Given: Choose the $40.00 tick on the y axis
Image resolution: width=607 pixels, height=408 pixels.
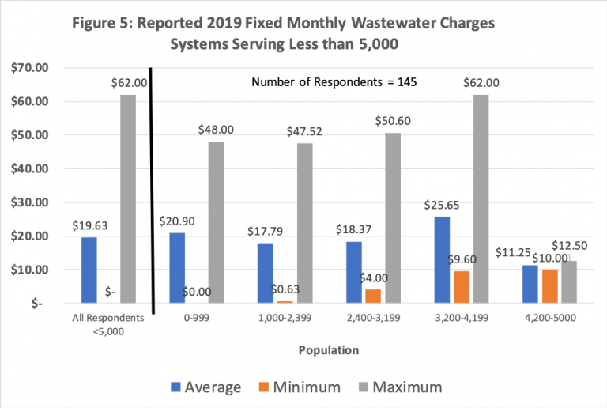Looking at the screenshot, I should pos(29,169).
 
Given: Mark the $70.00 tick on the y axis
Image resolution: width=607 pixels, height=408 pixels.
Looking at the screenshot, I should pos(29,68).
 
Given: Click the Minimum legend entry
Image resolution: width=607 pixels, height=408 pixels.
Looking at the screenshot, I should pos(306,387).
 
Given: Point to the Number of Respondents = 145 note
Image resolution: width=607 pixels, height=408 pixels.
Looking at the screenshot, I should pos(334,81).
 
